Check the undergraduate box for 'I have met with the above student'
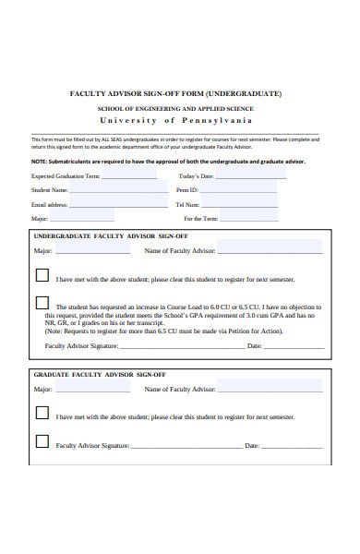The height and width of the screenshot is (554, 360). pos(42,275)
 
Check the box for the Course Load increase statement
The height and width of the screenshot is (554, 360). pos(42,302)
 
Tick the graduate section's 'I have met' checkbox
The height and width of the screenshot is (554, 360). pos(42,415)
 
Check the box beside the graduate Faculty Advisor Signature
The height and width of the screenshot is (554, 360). pos(42,441)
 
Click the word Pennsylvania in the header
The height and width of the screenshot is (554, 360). pos(228,120)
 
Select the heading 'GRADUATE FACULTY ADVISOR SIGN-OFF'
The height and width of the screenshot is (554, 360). pos(100,375)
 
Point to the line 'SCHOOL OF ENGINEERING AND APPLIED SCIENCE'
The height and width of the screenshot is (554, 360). pos(175,108)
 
